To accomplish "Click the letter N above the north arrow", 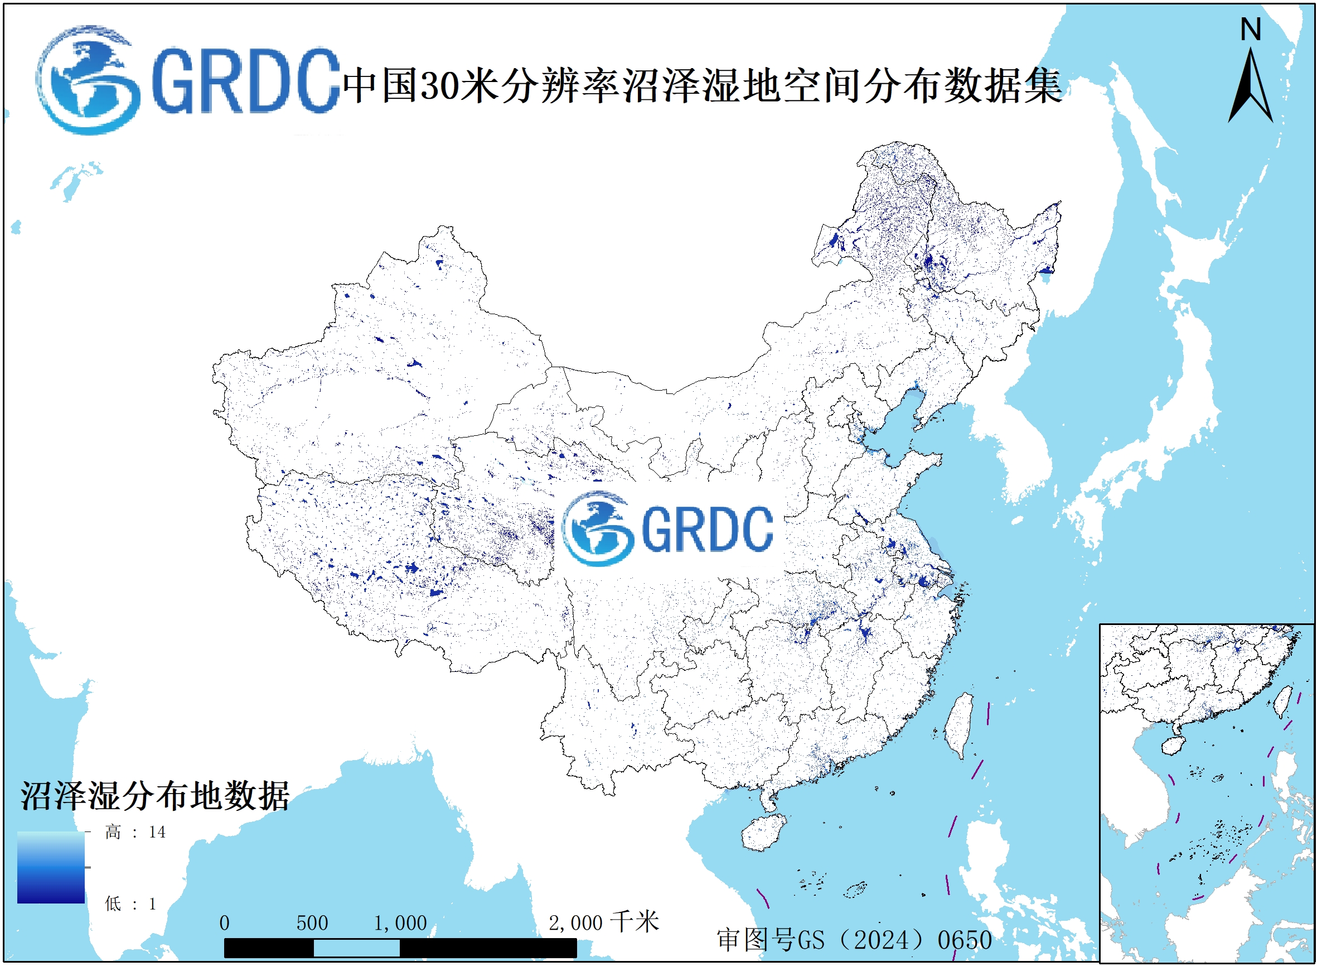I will pos(1251,29).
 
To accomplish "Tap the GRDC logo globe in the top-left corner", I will pos(88,80).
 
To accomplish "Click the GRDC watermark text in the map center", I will pos(707,529).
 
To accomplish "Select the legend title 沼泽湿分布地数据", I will pos(155,796).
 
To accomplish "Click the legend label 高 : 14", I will pos(135,832).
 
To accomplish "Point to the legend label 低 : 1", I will pos(130,904).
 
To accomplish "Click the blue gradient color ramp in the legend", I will pos(51,867).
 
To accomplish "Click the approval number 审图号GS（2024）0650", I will pos(854,940).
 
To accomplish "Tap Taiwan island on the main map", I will pos(959,725).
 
